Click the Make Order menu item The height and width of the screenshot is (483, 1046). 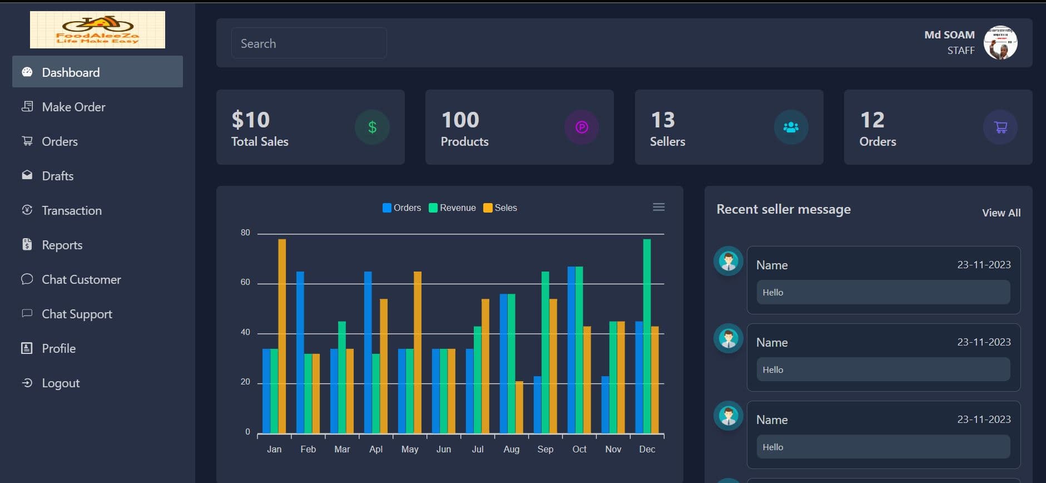(x=73, y=107)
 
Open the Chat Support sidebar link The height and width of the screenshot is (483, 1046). (x=77, y=314)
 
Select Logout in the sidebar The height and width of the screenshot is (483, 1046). (x=60, y=383)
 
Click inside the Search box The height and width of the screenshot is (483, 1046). (x=309, y=43)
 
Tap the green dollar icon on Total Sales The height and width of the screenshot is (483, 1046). (x=372, y=127)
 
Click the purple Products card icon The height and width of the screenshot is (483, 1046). (x=582, y=127)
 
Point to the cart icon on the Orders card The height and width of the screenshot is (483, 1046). (x=1000, y=127)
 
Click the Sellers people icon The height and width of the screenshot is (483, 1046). (x=791, y=127)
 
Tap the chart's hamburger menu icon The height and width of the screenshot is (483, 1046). (x=658, y=207)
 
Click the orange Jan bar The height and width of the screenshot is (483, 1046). (x=282, y=336)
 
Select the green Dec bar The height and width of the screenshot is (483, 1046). (x=647, y=336)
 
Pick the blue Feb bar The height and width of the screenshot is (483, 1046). (x=300, y=352)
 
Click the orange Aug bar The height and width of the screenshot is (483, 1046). (x=519, y=407)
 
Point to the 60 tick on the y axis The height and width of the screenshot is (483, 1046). (x=245, y=282)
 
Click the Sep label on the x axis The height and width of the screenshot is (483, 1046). (x=545, y=449)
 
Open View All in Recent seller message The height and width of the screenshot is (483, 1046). (x=1000, y=213)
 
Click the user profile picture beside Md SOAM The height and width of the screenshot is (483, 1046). (x=1000, y=43)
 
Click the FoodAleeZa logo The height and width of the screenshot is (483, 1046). (x=97, y=30)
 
